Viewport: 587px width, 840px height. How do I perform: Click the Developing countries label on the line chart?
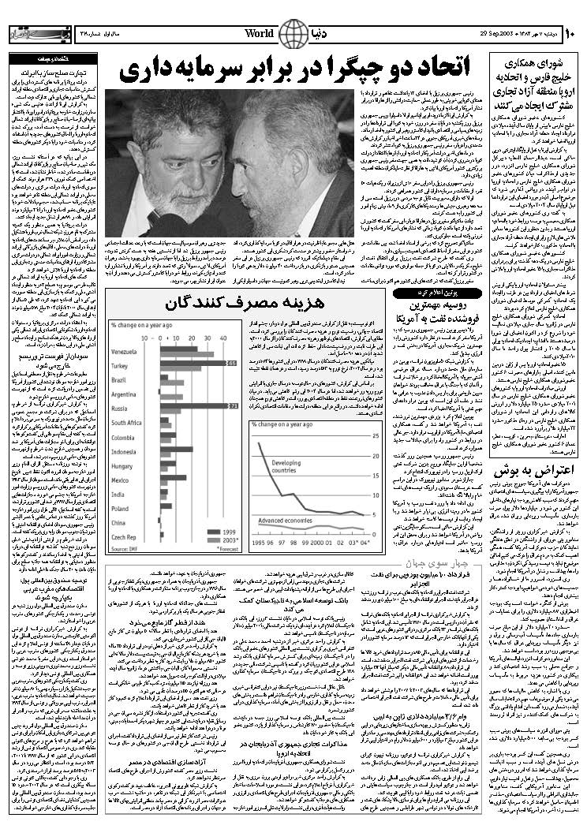coord(288,466)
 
